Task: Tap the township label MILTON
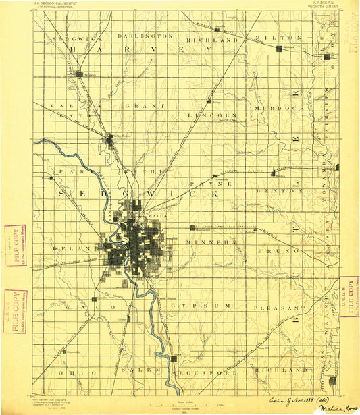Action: click(283, 38)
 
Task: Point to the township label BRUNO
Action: click(275, 249)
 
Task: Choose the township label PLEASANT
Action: click(276, 308)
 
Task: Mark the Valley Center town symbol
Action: click(110, 140)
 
